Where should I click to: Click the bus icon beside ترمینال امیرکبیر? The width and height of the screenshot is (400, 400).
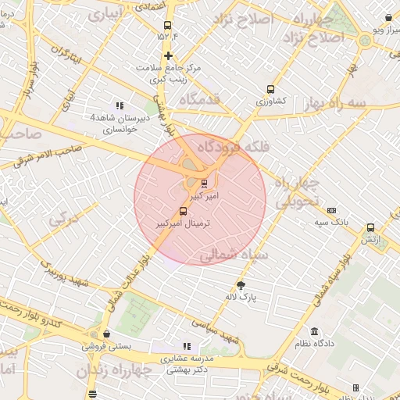tap(184, 211)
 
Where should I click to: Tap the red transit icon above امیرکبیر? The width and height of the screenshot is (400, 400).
tap(205, 184)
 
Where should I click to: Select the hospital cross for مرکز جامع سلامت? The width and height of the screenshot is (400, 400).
tap(168, 55)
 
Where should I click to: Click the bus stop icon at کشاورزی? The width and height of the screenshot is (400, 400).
tap(271, 89)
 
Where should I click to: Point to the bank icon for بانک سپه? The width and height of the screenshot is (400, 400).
tap(332, 210)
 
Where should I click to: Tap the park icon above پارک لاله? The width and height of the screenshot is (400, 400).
tap(241, 285)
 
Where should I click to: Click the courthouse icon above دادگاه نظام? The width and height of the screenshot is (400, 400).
tap(314, 332)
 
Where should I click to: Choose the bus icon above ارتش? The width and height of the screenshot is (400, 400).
tap(370, 228)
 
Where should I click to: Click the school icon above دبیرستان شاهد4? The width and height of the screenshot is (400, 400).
tap(119, 105)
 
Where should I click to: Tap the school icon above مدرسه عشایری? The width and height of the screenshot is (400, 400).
tap(186, 346)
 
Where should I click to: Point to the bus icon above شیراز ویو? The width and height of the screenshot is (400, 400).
tap(389, 17)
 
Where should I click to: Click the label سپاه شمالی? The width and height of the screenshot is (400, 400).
tap(234, 255)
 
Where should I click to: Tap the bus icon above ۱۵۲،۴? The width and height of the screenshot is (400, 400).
tap(168, 23)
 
